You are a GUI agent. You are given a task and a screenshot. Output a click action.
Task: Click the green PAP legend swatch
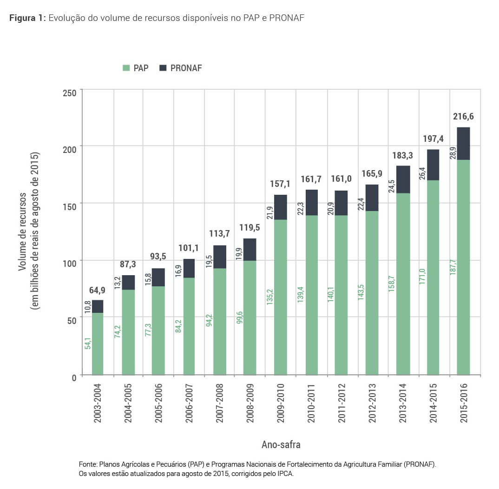tap(126, 68)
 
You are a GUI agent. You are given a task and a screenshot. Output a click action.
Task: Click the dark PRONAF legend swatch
tap(163, 68)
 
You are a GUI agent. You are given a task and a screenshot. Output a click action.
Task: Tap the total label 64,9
tap(98, 291)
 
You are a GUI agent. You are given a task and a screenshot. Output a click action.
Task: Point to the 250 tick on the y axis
tap(70, 92)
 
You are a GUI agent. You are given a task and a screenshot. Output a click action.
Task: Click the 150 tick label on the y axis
tap(70, 206)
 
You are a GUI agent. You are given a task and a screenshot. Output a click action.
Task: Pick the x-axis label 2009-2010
tap(281, 403)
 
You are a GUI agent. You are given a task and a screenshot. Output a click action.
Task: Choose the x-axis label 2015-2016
tap(463, 403)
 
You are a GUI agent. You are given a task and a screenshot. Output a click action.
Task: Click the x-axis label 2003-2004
tap(98, 403)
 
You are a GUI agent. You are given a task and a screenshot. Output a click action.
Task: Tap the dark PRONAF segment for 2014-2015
tap(433, 165)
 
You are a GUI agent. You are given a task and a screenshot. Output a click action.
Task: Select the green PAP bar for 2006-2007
tap(189, 326)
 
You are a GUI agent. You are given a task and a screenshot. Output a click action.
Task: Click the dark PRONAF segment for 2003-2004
tap(98, 306)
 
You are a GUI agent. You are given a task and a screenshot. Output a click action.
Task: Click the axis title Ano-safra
tap(281, 444)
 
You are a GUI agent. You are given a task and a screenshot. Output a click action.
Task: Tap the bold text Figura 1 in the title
tap(27, 18)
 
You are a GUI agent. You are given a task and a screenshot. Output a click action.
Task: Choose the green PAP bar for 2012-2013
tap(372, 293)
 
